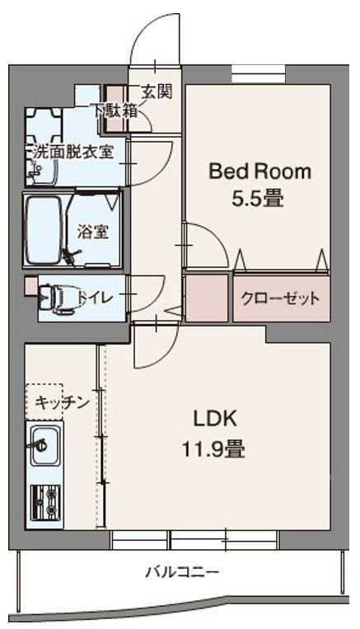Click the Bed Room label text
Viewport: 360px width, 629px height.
tap(259, 171)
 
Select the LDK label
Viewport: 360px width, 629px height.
tap(215, 420)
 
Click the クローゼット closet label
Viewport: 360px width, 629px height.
tap(281, 298)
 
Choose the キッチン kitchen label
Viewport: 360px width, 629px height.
tap(61, 402)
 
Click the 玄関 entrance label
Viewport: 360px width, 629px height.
tap(156, 92)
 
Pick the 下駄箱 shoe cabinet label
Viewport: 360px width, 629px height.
tap(115, 110)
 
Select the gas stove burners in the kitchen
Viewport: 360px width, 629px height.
tap(44, 500)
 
